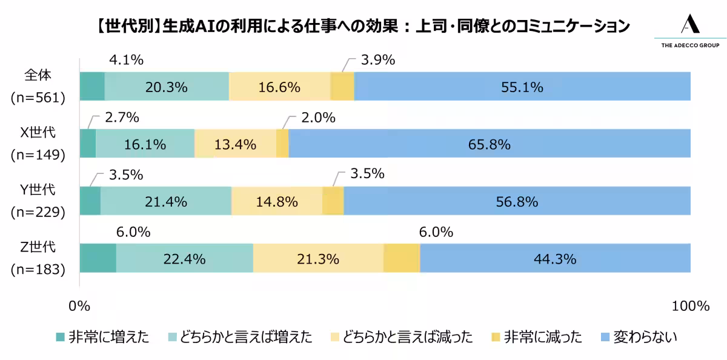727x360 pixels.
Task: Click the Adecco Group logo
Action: click(689, 30)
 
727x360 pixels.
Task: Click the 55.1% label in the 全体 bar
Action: click(522, 87)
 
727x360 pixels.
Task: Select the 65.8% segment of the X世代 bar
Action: click(490, 144)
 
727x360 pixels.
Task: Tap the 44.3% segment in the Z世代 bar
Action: click(554, 259)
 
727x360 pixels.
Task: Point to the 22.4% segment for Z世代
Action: click(184, 259)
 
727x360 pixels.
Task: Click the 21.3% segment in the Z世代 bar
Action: click(318, 259)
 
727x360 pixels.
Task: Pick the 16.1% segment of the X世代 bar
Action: click(145, 144)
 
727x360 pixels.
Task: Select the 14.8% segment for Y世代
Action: click(277, 202)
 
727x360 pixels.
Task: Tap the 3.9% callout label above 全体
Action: click(378, 60)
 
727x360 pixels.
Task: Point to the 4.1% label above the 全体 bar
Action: click(125, 60)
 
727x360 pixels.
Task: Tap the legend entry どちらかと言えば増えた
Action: click(244, 337)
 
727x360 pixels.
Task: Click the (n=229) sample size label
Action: click(38, 212)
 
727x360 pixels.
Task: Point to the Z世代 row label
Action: click(38, 247)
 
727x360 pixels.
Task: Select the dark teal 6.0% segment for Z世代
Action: click(98, 259)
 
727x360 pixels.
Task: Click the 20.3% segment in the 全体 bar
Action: click(167, 87)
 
